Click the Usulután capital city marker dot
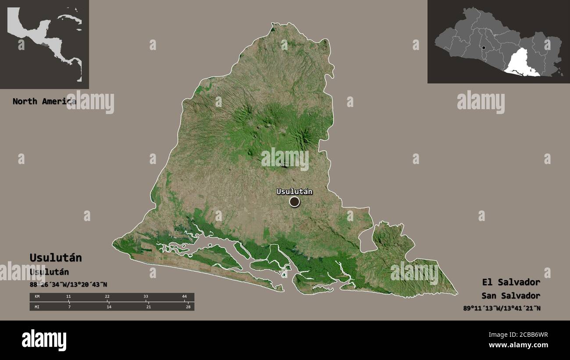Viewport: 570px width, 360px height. click(294, 202)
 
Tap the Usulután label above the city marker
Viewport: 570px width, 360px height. click(294, 191)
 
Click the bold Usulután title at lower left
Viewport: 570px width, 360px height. click(56, 257)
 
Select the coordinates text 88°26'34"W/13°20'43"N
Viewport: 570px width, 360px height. click(68, 285)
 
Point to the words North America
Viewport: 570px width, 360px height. click(44, 101)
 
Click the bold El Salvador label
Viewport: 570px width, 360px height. click(511, 282)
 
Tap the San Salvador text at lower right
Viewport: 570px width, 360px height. click(510, 296)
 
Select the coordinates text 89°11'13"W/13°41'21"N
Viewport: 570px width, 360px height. click(502, 308)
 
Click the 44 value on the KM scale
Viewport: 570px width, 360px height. click(184, 297)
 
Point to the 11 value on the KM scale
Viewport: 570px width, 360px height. click(68, 297)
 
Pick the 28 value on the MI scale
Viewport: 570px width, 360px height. click(187, 307)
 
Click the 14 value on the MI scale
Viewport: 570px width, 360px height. click(109, 307)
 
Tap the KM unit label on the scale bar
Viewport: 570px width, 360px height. click(37, 297)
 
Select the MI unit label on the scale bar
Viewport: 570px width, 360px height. click(37, 307)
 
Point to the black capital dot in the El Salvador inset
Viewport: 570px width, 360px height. click(483, 48)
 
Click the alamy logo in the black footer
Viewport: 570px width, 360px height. click(44, 340)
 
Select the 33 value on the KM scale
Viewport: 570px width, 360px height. click(146, 297)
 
